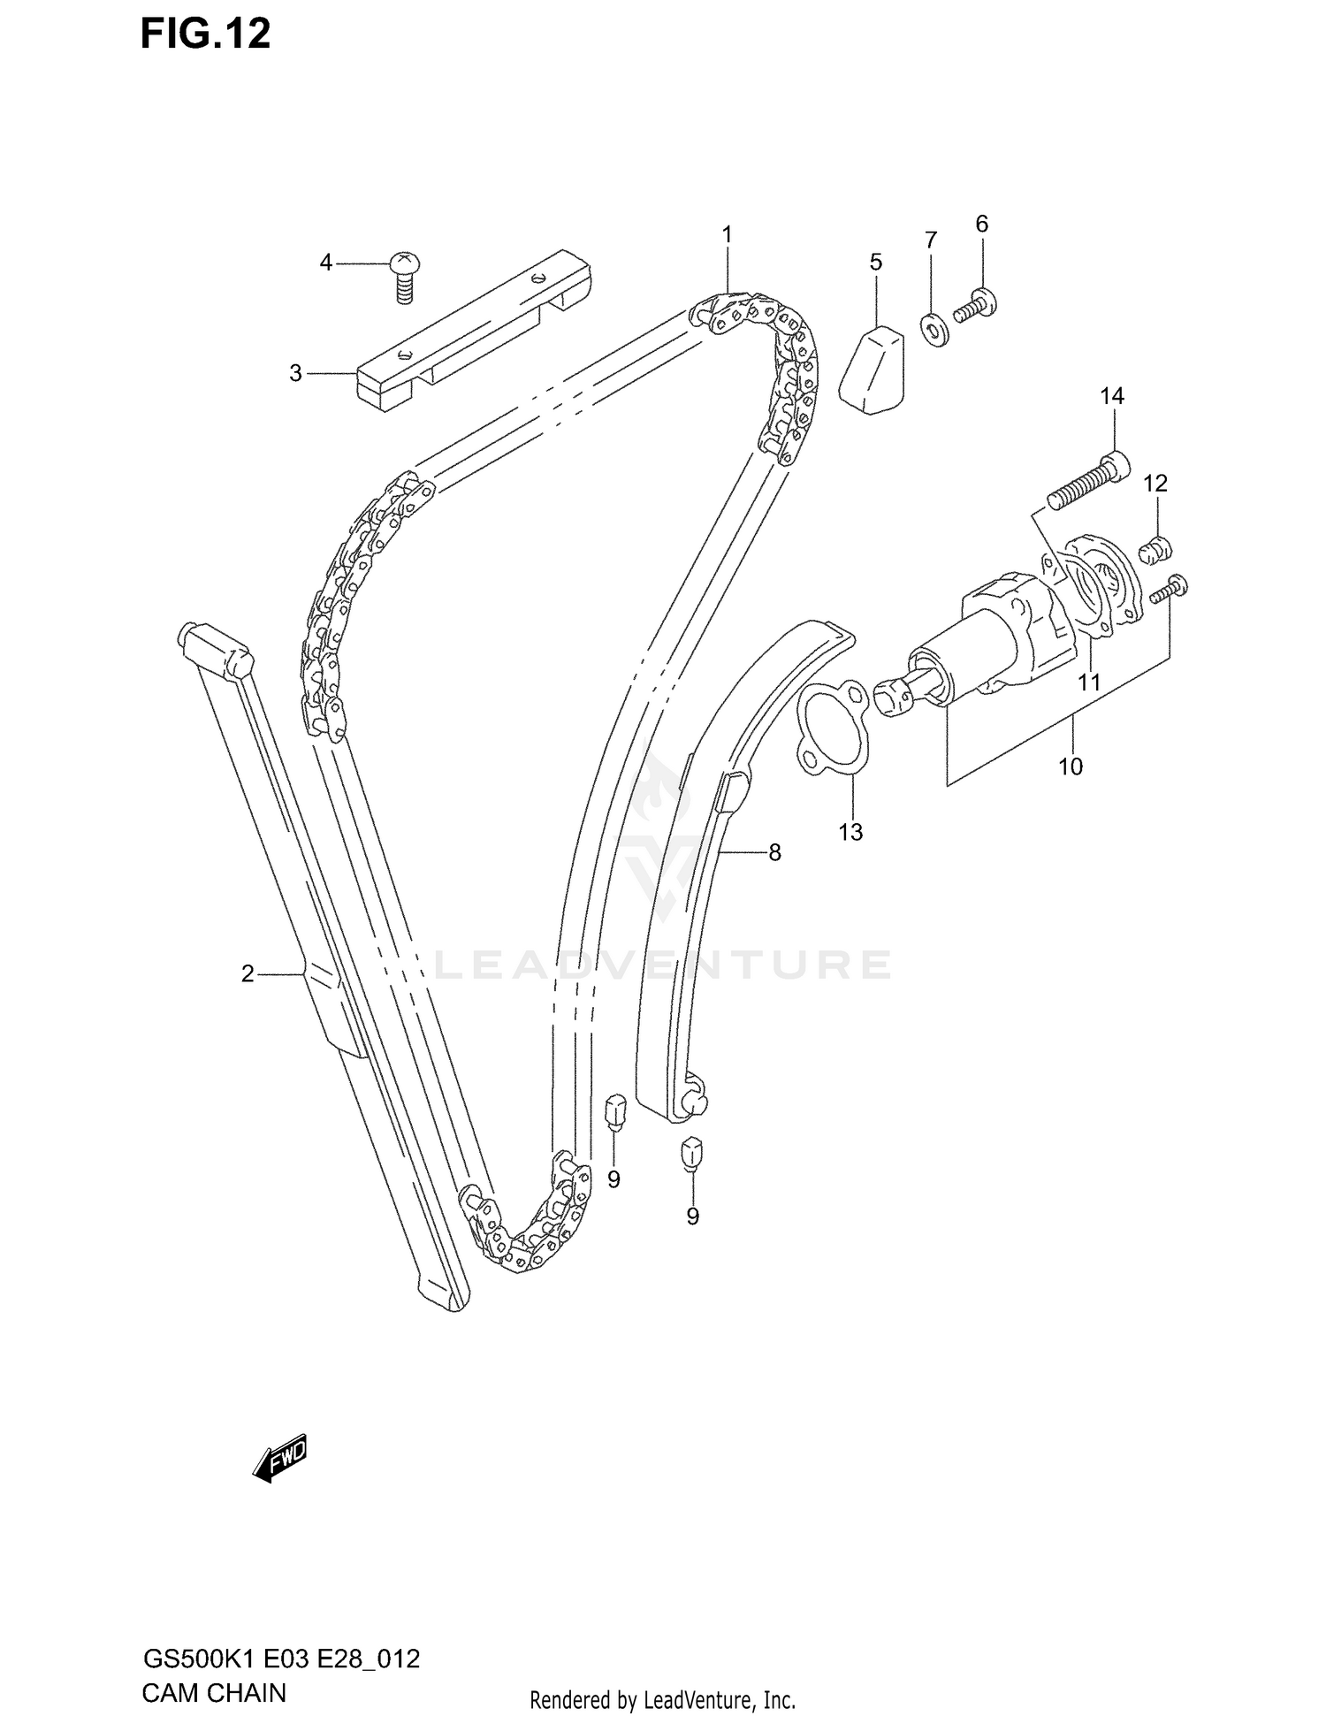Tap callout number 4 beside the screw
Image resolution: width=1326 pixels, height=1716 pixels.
pyautogui.click(x=326, y=263)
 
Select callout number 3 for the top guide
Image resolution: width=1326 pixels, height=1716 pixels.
pyautogui.click(x=295, y=373)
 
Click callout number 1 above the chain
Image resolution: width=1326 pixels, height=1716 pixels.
pyautogui.click(x=727, y=234)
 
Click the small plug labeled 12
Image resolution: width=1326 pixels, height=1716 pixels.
pyautogui.click(x=1155, y=550)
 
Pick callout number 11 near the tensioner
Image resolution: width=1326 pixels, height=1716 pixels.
pyautogui.click(x=1089, y=682)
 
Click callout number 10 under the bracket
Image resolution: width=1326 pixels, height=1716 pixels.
pyautogui.click(x=1070, y=766)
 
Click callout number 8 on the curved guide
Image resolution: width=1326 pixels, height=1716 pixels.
pyautogui.click(x=774, y=852)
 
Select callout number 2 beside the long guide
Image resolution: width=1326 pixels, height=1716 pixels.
pyautogui.click(x=248, y=973)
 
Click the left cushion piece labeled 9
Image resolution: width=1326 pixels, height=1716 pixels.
pyautogui.click(x=614, y=1111)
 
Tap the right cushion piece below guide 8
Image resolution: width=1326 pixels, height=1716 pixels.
pyautogui.click(x=691, y=1152)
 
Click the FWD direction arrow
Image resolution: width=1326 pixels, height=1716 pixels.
pyautogui.click(x=280, y=1456)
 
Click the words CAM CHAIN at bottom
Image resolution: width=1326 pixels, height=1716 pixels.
pyautogui.click(x=213, y=1692)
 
